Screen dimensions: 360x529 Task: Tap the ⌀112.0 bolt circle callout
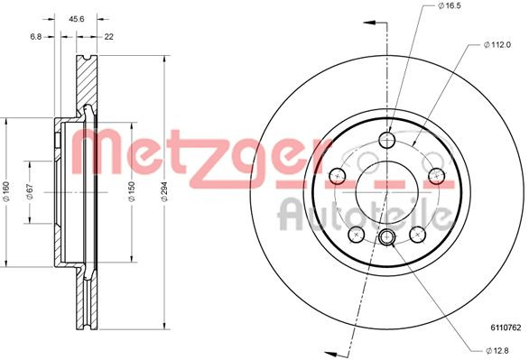[x=498, y=45]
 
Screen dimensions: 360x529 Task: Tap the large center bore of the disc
[x=386, y=188]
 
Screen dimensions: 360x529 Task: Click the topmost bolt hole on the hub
[x=386, y=140]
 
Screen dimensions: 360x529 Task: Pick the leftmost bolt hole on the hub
[x=339, y=175]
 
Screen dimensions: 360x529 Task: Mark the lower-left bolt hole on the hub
[x=357, y=234]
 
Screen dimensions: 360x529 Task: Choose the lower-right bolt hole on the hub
[x=417, y=234]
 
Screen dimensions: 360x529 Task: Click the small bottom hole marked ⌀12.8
[x=386, y=237]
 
